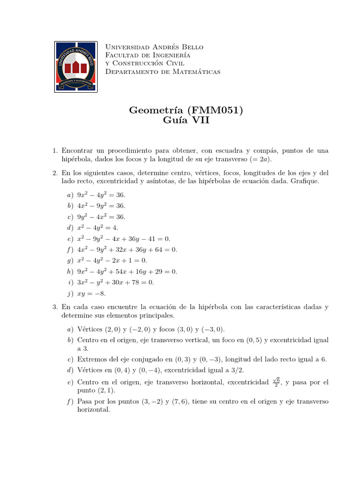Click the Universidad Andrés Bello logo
(x=76, y=66)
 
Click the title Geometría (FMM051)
(x=186, y=111)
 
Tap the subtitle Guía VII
(x=186, y=121)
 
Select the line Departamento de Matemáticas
(x=163, y=72)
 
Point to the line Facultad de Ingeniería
(x=148, y=55)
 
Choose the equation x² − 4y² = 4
(x=98, y=228)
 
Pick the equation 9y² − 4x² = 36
(x=101, y=217)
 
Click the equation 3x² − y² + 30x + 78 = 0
(x=115, y=282)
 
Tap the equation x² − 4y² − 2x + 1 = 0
(x=112, y=260)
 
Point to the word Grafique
(x=305, y=181)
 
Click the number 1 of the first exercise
(x=55, y=151)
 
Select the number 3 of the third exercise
(x=55, y=307)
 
